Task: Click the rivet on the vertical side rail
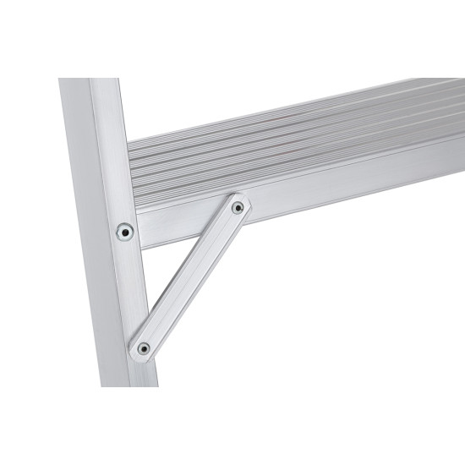pos(125,230)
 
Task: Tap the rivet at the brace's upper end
pos(238,207)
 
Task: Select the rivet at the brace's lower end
pos(144,347)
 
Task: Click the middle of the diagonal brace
pos(191,277)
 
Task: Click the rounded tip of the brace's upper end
pos(244,200)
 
